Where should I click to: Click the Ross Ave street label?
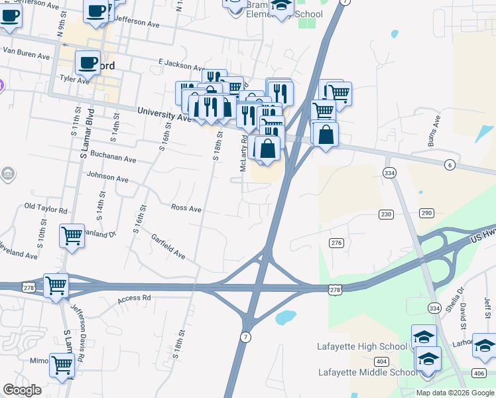tap(186, 208)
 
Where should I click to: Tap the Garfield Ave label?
tap(168, 246)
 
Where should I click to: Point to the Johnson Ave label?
tap(107, 178)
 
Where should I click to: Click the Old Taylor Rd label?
tap(46, 209)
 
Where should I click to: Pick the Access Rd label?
tap(135, 299)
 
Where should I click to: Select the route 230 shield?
tap(387, 214)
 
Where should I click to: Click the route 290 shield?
tap(426, 213)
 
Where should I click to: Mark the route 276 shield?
tap(336, 243)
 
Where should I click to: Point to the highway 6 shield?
tap(450, 165)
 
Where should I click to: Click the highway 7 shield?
tap(246, 337)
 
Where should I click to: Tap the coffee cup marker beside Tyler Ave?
tap(86, 63)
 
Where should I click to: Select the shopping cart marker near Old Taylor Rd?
tap(72, 235)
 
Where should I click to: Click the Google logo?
tap(23, 390)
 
